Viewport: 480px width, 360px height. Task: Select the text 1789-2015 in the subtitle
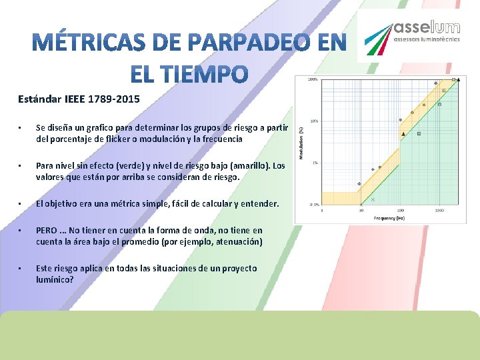coord(117,99)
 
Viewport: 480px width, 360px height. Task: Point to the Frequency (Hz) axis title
coord(389,218)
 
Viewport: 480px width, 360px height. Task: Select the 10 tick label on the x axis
coord(361,210)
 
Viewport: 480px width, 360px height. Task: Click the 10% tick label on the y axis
coord(314,121)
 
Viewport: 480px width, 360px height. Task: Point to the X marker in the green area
coord(373,199)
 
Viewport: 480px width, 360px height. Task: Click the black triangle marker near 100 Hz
coord(402,134)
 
